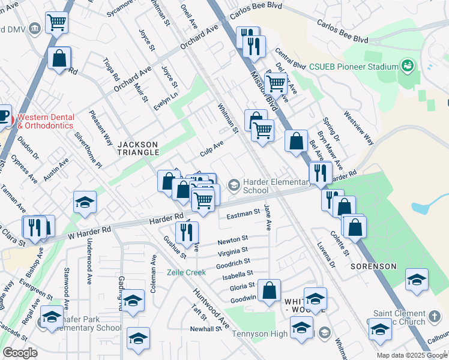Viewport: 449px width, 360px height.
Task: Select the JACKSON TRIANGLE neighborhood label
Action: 138,148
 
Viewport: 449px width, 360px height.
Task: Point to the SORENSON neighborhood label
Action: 373,266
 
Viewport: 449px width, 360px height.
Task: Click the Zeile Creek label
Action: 186,272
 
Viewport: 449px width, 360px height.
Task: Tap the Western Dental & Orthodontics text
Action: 46,121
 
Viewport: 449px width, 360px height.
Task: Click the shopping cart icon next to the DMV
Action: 56,23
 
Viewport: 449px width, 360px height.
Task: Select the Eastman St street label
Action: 243,212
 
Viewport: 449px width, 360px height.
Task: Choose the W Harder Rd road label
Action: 89,230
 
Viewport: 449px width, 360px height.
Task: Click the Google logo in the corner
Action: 20,353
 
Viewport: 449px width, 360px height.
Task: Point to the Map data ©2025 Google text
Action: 411,355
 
